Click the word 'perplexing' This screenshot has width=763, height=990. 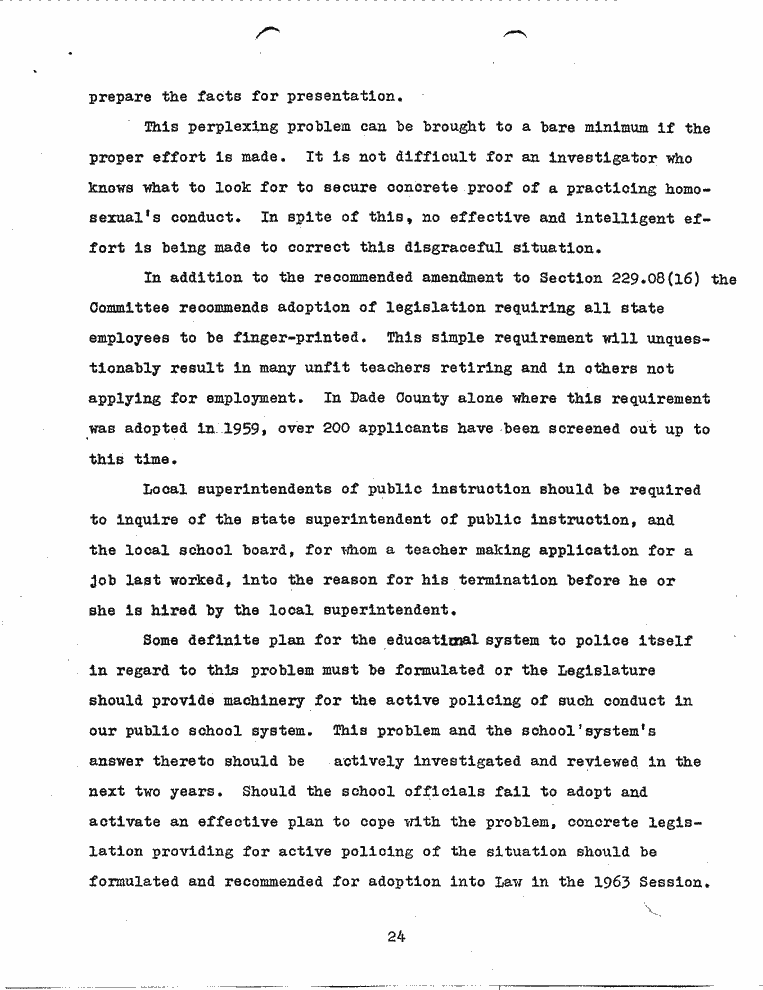click(x=230, y=128)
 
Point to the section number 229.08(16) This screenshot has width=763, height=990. click(x=645, y=279)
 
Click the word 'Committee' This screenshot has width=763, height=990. click(x=129, y=309)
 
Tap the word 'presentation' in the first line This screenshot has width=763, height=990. click(x=343, y=98)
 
